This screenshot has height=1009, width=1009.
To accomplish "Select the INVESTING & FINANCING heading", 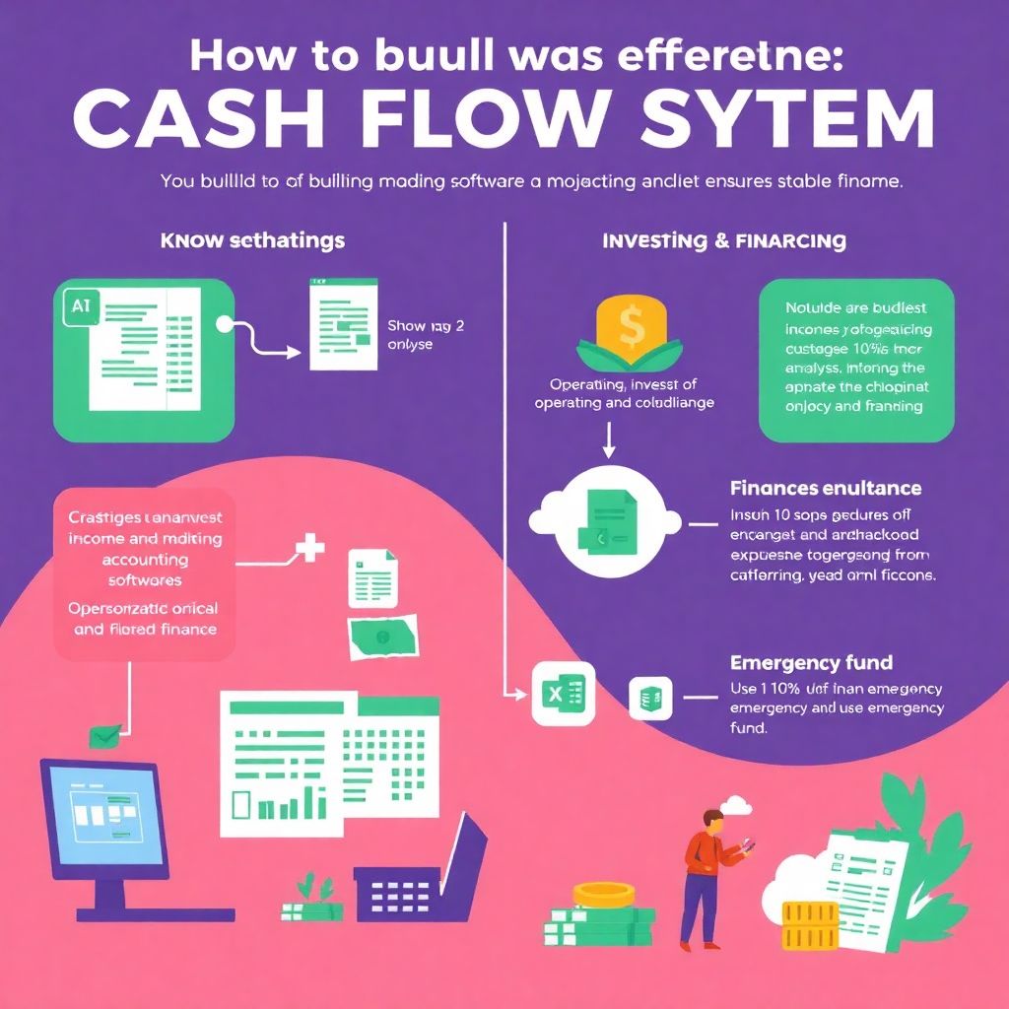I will click(x=723, y=240).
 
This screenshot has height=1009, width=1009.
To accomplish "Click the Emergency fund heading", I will click(x=811, y=663).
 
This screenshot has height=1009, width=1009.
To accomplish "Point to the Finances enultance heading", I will click(x=826, y=488).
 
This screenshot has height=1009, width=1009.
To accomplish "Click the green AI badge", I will click(x=80, y=306).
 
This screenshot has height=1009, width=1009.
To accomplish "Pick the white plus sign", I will click(x=310, y=549).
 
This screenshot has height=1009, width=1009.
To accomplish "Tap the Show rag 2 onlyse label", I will click(x=411, y=335).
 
